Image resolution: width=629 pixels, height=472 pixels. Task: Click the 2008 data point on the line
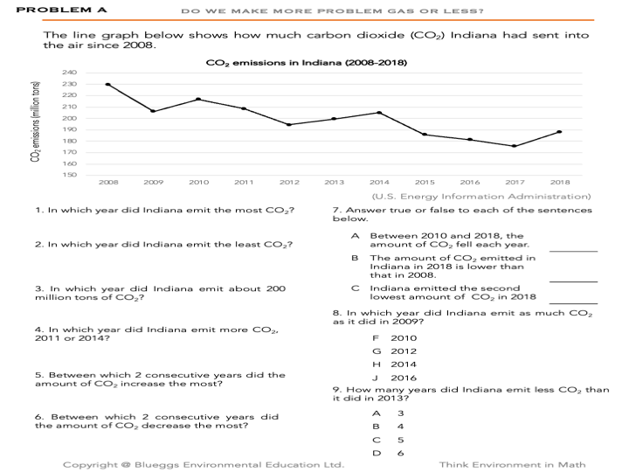pos(107,85)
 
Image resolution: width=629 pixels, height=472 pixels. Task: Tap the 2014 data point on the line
pos(379,113)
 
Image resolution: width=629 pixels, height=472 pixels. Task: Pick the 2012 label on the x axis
pos(289,183)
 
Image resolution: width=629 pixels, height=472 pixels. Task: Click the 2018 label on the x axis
pos(560,183)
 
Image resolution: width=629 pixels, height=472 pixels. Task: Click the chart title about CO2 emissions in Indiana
pos(306,63)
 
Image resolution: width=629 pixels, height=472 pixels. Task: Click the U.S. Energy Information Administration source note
pos(487,197)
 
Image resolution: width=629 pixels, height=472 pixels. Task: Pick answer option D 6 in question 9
pos(387,453)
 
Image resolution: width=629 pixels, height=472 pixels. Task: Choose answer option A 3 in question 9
pos(387,413)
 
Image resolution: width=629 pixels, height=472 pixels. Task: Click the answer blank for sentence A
pos(573,251)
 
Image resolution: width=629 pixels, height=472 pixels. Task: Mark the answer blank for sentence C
pos(573,302)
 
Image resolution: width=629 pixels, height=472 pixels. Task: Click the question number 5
pos(38,375)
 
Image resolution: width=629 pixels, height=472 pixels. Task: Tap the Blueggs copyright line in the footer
pos(204,465)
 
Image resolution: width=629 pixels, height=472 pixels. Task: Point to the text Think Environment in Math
pos(512,465)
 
